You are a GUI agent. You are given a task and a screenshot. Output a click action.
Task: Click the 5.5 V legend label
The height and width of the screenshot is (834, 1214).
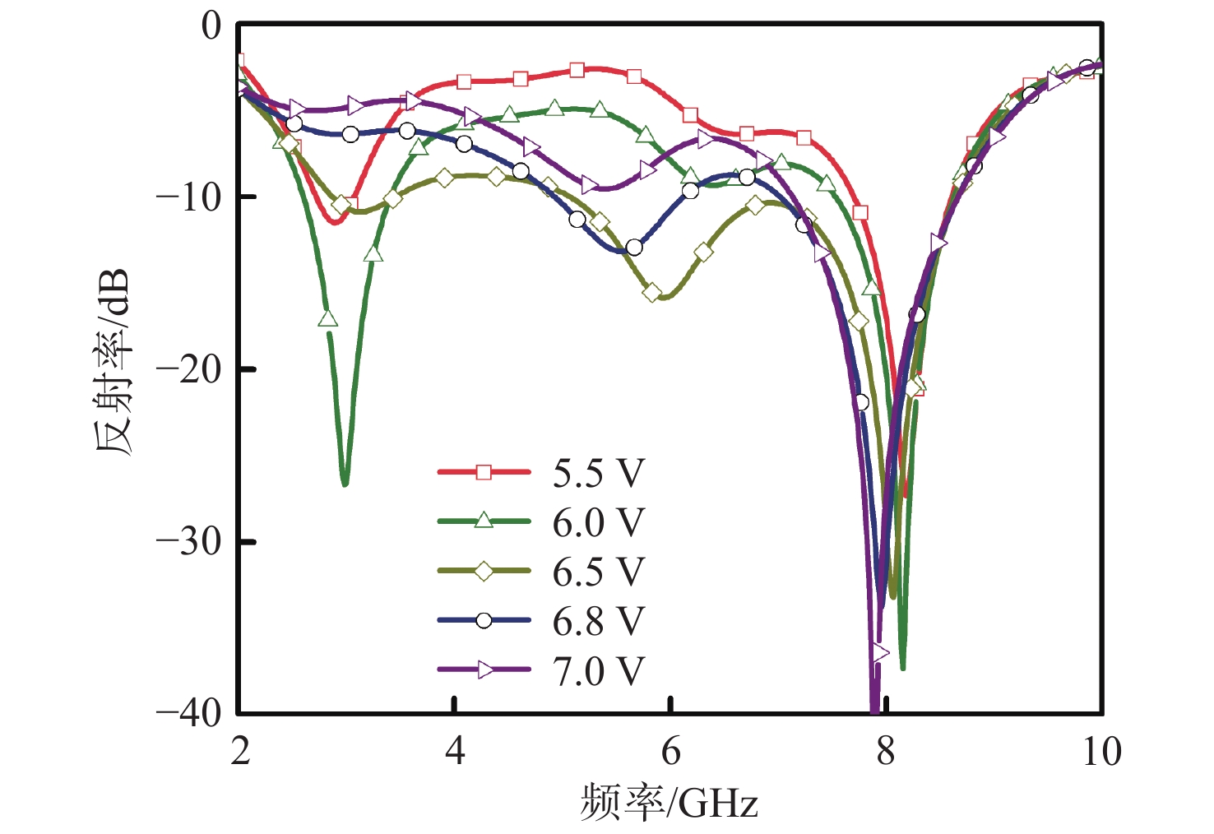tap(598, 473)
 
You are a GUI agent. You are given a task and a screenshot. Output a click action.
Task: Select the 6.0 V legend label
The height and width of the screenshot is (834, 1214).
tap(598, 522)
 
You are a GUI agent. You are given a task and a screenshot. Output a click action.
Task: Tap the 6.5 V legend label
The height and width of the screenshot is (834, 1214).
tap(598, 572)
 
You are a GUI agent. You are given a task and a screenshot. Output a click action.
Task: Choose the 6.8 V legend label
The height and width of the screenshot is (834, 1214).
tap(598, 621)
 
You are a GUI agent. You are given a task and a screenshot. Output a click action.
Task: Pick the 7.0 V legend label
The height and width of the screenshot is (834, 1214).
tap(598, 671)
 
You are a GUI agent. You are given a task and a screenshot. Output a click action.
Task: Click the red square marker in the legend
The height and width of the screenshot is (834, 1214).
tap(484, 472)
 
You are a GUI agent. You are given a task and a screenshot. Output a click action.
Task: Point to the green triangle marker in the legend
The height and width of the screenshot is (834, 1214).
tap(484, 521)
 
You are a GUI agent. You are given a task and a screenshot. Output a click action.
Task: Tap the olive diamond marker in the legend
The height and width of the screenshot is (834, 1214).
tap(484, 571)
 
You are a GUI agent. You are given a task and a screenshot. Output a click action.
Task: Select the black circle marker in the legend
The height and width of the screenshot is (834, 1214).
tap(484, 620)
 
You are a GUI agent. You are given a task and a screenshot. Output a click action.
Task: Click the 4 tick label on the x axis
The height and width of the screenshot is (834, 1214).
tap(455, 751)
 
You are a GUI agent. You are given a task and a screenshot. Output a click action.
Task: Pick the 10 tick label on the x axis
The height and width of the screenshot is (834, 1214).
tap(1100, 751)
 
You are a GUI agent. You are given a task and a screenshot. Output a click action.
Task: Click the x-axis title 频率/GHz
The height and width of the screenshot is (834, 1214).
tap(668, 802)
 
